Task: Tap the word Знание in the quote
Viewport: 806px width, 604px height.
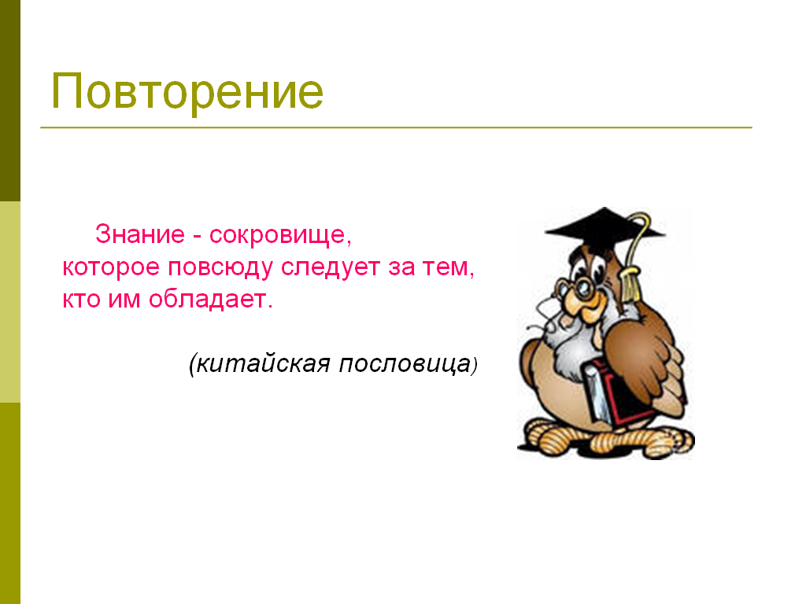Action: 140,234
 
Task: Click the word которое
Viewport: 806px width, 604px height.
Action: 110,267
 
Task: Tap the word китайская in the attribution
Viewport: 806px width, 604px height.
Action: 263,363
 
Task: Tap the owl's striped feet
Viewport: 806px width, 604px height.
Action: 608,438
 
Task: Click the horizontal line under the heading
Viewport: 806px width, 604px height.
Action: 397,127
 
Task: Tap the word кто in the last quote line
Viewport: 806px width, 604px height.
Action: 81,300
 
